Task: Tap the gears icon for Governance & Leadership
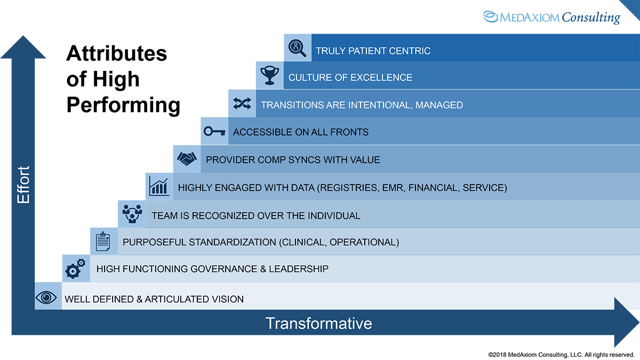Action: [x=75, y=268]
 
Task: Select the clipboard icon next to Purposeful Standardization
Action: [x=103, y=241]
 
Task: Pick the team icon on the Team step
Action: [x=131, y=214]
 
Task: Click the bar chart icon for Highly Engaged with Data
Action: [x=158, y=186]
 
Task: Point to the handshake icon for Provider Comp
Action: [x=186, y=159]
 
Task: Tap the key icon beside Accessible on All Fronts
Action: [x=214, y=131]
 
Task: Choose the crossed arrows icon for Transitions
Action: [x=242, y=104]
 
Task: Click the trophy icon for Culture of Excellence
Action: [x=269, y=76]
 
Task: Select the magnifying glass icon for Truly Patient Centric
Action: [x=297, y=49]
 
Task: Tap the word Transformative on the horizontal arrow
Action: [x=318, y=323]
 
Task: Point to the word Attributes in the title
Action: [x=116, y=53]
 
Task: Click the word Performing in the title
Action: [x=123, y=105]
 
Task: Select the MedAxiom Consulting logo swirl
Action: [x=491, y=17]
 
